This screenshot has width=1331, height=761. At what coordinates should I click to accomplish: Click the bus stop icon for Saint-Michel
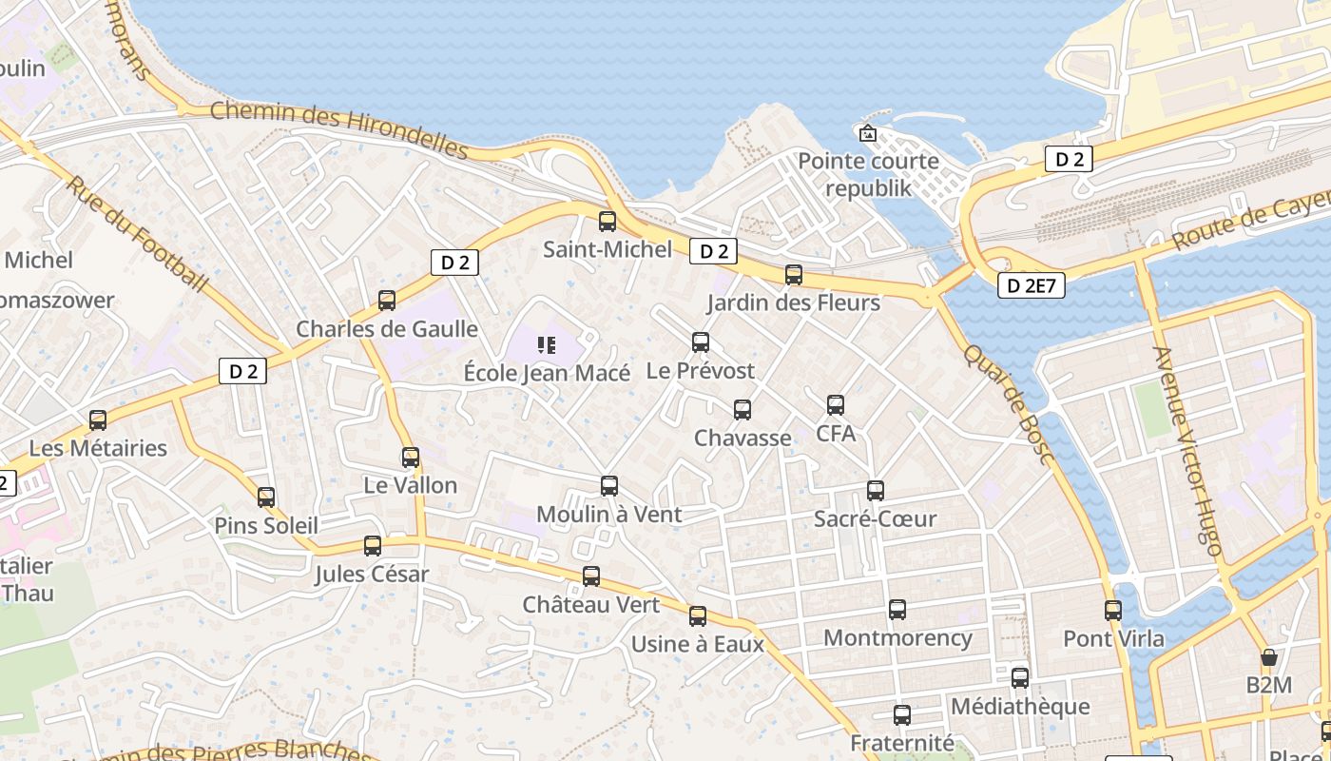[607, 222]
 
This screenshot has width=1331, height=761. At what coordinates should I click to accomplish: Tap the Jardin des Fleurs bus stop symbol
[793, 275]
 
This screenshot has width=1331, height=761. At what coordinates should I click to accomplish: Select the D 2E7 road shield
[1032, 284]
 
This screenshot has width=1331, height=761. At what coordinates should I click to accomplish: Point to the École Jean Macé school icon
[546, 344]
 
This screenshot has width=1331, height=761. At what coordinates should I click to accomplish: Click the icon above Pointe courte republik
[867, 133]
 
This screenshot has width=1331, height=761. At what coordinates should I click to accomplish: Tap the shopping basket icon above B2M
[1268, 657]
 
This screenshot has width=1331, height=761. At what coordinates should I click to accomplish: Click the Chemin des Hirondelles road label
[338, 129]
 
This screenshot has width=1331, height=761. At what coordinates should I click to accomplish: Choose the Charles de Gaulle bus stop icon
[386, 301]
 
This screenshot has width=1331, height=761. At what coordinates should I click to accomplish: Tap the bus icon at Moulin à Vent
[609, 486]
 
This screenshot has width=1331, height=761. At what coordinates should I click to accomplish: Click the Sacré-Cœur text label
[875, 518]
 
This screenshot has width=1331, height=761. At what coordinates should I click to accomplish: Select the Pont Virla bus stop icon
[1113, 611]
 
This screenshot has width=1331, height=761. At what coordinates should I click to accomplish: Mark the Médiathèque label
[1019, 706]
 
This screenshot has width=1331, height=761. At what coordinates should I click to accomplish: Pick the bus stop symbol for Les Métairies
[98, 420]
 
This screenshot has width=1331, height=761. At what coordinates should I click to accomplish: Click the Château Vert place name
[590, 604]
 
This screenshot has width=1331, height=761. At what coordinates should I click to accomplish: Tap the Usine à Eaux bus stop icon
[698, 616]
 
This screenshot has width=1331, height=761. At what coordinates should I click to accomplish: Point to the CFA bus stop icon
[835, 405]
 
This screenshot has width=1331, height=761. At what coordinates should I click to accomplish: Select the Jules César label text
[372, 574]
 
